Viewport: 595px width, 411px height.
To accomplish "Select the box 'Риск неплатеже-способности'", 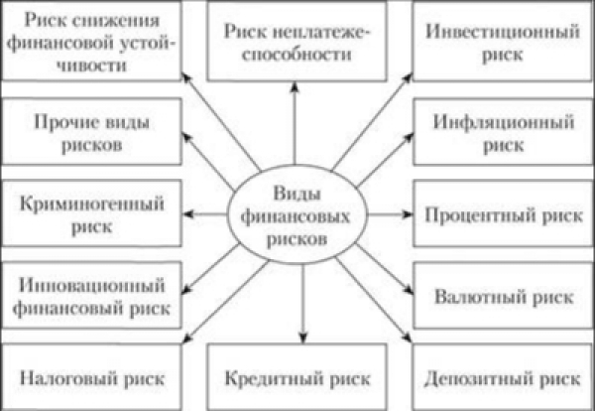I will (x=294, y=43).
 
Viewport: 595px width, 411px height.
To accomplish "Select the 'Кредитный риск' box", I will (x=294, y=378).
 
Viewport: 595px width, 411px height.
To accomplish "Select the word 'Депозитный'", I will (x=482, y=378).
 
